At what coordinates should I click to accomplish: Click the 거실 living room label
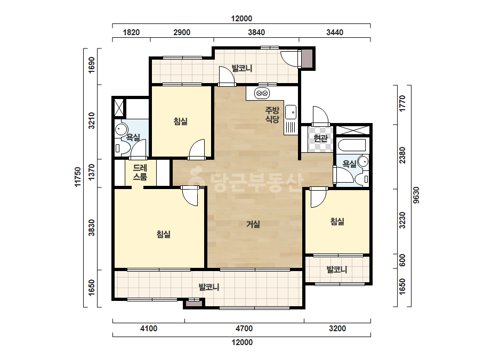click(x=253, y=224)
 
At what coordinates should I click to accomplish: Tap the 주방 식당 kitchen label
click(x=272, y=114)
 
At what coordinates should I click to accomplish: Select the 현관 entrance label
click(x=320, y=138)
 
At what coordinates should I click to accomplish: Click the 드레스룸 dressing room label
click(x=140, y=173)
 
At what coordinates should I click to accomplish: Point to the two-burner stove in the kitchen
click(x=262, y=93)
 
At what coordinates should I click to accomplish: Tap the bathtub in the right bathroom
click(x=352, y=145)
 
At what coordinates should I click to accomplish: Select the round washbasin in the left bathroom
click(x=121, y=129)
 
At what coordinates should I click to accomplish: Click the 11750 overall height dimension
click(x=78, y=177)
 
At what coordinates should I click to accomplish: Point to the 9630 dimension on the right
click(x=416, y=195)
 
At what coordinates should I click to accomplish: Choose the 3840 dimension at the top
click(x=256, y=32)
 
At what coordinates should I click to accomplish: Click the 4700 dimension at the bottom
click(x=244, y=329)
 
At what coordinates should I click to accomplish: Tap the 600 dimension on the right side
click(x=402, y=260)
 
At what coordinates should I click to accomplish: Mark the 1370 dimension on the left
click(x=91, y=172)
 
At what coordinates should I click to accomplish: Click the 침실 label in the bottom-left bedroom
click(x=164, y=234)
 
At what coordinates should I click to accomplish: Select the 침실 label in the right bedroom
click(x=337, y=222)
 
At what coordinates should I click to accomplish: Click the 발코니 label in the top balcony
click(x=241, y=68)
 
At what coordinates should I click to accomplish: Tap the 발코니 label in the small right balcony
click(x=337, y=269)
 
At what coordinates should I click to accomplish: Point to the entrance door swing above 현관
click(x=320, y=116)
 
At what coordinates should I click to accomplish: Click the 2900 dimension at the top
click(x=182, y=32)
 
